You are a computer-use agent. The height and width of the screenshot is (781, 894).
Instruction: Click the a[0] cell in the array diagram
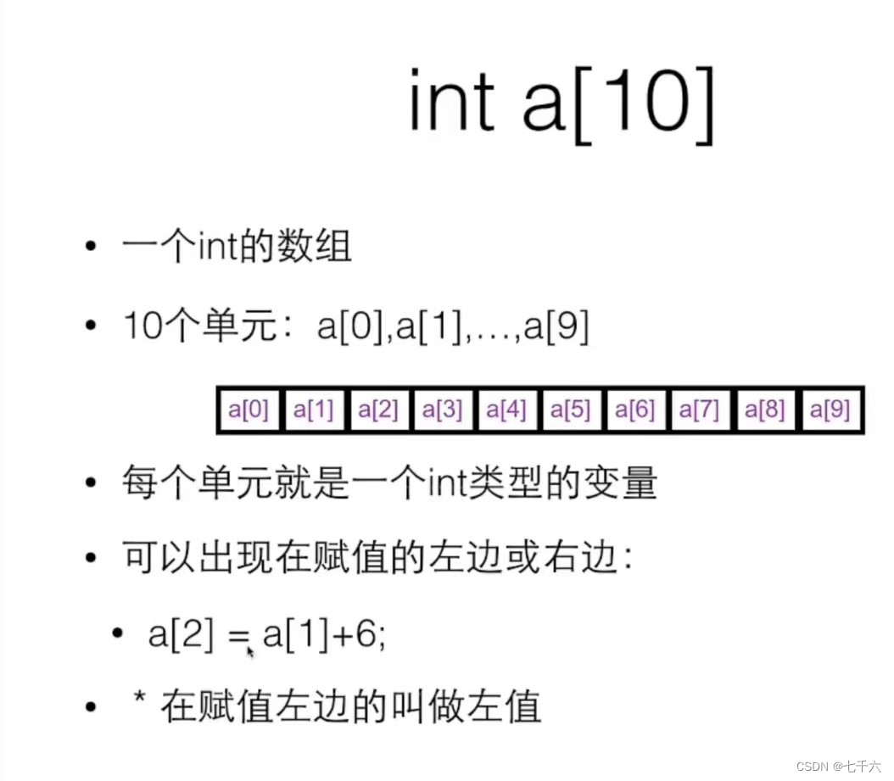pos(249,411)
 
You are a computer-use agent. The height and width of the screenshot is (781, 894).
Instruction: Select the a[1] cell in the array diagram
pos(313,411)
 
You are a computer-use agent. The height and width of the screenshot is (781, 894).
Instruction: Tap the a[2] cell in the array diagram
pos(377,411)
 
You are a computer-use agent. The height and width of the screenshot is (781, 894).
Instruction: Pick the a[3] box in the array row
pos(442,411)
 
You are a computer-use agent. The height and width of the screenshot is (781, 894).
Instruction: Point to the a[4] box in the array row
pos(506,411)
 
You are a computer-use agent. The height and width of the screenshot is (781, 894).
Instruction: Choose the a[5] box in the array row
pos(571,411)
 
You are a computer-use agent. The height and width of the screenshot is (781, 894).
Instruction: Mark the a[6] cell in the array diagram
pos(635,411)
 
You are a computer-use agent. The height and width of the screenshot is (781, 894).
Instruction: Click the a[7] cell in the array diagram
pos(700,411)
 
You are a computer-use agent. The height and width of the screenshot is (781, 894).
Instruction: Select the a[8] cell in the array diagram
pos(764,411)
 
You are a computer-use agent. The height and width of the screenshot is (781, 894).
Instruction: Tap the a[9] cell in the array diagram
pos(829,411)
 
